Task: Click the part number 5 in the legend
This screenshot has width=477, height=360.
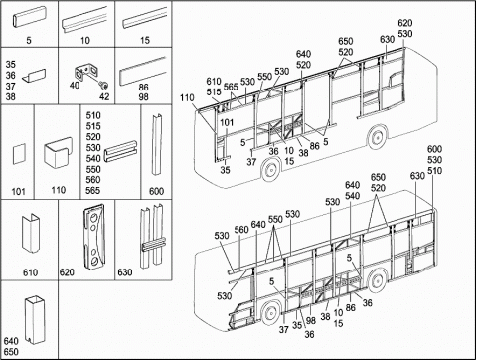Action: coord(29,40)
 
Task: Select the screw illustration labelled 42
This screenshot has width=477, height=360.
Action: coord(104,87)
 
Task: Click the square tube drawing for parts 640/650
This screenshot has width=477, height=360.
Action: coord(34,319)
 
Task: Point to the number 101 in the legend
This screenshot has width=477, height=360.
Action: coord(18,191)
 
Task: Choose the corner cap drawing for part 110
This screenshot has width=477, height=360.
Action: coord(59,153)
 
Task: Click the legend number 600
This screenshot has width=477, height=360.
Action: coord(156,191)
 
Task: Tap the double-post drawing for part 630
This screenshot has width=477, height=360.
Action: coord(152,237)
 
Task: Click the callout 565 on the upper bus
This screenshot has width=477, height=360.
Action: coord(231,87)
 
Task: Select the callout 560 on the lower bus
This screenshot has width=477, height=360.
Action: coord(241,230)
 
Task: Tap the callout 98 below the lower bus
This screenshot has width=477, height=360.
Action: coord(311,321)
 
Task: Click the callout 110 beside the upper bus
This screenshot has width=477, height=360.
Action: coord(187,98)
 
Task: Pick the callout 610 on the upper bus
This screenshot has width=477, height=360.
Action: coord(214,82)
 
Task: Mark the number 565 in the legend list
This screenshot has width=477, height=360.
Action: coord(93,191)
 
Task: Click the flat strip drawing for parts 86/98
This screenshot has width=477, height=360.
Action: coord(143,71)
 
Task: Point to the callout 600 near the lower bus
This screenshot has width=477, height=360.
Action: coord(434,149)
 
